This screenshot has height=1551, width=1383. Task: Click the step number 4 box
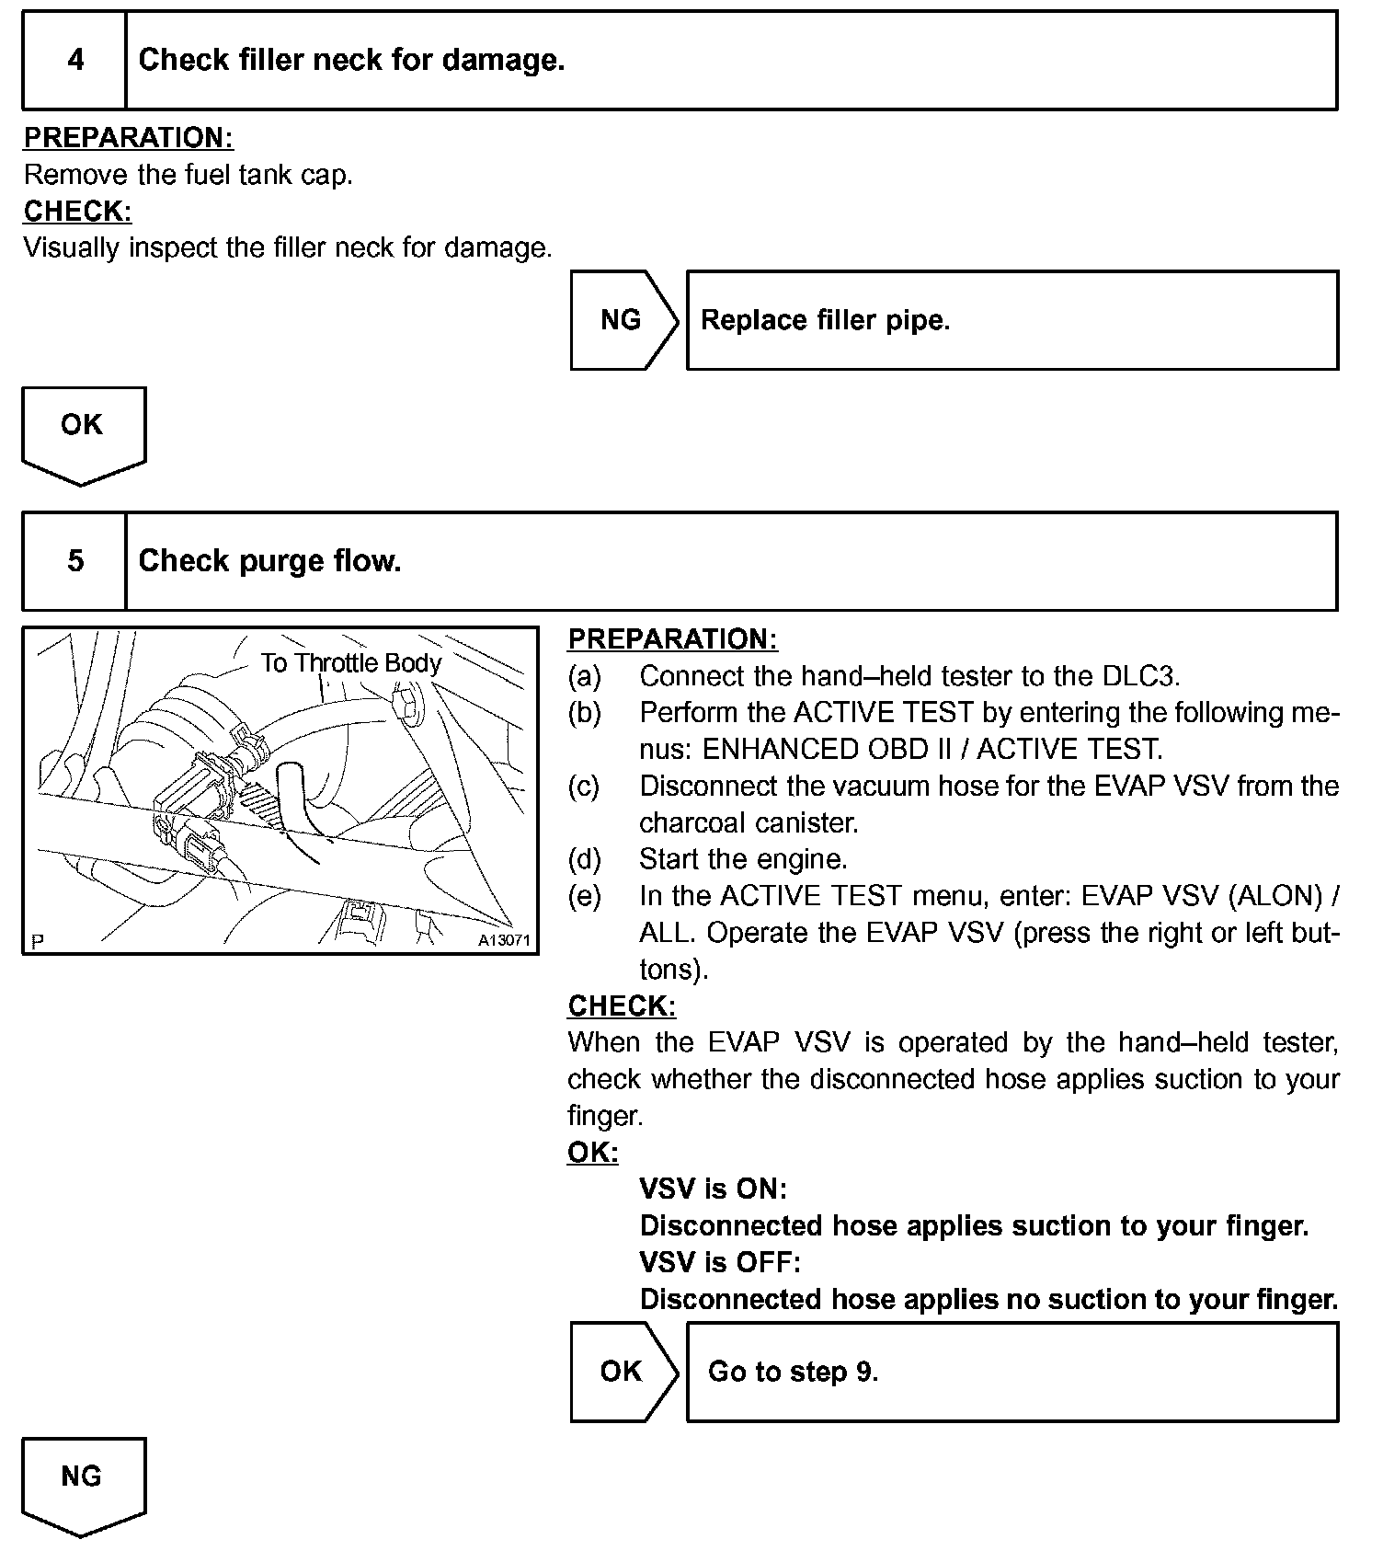75,61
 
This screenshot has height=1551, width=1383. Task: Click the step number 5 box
75,561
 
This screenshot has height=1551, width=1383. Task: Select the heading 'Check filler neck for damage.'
351,61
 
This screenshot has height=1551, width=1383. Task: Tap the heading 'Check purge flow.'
269,561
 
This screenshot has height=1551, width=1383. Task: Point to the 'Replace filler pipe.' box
1012,320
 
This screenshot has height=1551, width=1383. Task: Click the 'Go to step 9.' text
793,1372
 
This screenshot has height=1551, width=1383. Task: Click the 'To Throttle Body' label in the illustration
350,663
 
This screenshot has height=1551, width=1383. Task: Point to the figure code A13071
504,941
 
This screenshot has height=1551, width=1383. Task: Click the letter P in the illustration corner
37,941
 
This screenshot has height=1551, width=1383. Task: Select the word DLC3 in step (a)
1139,676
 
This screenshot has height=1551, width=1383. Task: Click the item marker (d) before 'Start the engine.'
584,859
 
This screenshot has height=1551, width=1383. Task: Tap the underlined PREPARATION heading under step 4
128,138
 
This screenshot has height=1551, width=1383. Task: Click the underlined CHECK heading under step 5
622,1005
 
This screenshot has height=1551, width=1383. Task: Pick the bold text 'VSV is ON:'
713,1189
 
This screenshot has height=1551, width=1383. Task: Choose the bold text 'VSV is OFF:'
719,1261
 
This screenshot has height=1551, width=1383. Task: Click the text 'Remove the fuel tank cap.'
189,175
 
